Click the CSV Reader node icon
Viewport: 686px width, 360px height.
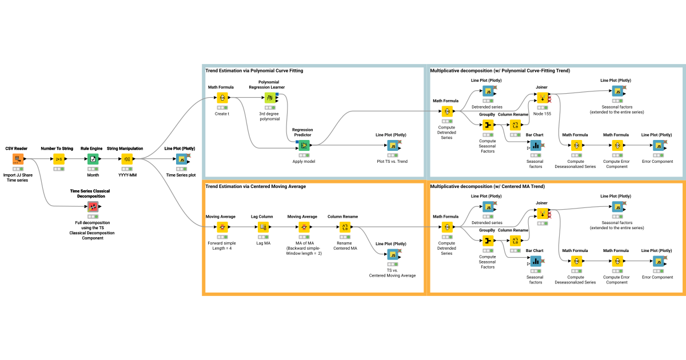pyautogui.click(x=18, y=159)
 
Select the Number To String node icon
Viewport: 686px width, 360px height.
pyautogui.click(x=59, y=159)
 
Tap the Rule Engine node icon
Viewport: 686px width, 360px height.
pyautogui.click(x=93, y=159)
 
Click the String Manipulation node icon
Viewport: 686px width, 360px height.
pyautogui.click(x=127, y=159)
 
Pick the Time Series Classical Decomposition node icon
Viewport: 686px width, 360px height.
pyautogui.click(x=93, y=207)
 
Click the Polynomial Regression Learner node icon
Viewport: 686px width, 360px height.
pyautogui.click(x=270, y=98)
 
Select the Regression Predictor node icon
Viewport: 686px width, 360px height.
pyautogui.click(x=304, y=145)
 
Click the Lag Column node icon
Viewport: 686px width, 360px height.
pyautogui.click(x=263, y=227)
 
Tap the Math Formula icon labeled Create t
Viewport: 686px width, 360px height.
pyautogui.click(x=222, y=98)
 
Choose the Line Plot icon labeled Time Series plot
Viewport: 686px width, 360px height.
pyautogui.click(x=182, y=159)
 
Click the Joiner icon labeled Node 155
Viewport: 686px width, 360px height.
pyautogui.click(x=543, y=98)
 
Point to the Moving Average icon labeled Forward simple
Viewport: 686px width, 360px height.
pyautogui.click(x=222, y=227)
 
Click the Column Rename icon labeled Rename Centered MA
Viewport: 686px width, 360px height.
pyautogui.click(x=345, y=227)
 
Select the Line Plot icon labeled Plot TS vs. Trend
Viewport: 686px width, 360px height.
pyautogui.click(x=393, y=145)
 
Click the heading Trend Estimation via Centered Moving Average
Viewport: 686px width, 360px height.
pyautogui.click(x=256, y=186)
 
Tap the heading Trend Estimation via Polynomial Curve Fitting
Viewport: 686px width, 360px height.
pyautogui.click(x=254, y=71)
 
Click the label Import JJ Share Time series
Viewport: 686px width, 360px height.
pyautogui.click(x=18, y=178)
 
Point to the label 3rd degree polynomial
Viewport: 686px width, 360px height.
pyautogui.click(x=269, y=117)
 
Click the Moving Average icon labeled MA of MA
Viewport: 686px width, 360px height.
pyautogui.click(x=304, y=227)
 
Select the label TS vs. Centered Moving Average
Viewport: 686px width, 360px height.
pyautogui.click(x=392, y=273)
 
